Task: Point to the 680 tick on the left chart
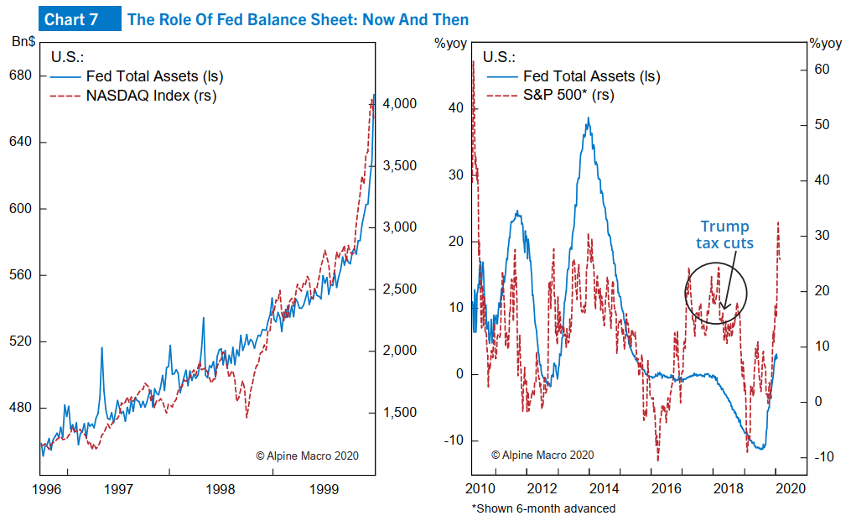point(20,76)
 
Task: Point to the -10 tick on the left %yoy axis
point(452,440)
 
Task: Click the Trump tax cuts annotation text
point(725,235)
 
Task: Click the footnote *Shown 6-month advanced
point(542,508)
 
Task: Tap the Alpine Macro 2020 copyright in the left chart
point(307,456)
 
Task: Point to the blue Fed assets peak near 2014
point(589,118)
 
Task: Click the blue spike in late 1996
point(101,347)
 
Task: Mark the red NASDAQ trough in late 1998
point(246,417)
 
